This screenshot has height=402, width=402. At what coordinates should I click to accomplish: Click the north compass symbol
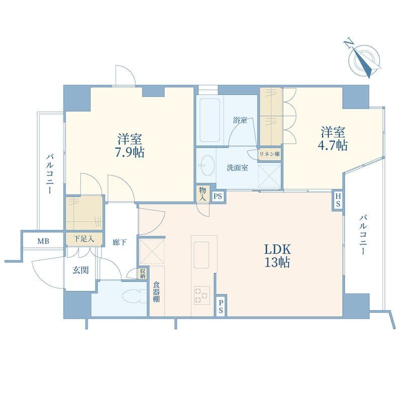pyautogui.click(x=363, y=58)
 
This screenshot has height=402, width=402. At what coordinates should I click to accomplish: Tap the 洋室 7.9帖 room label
pyautogui.click(x=130, y=146)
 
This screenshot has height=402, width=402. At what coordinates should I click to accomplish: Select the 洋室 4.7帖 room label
pyautogui.click(x=333, y=139)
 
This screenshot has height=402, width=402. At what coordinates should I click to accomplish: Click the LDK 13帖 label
pyautogui.click(x=277, y=256)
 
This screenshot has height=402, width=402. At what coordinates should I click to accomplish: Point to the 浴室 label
pyautogui.click(x=240, y=120)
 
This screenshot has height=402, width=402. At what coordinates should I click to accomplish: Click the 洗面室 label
pyautogui.click(x=237, y=168)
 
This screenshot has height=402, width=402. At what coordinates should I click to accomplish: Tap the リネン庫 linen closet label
pyautogui.click(x=270, y=154)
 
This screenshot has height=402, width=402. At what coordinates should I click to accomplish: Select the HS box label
pyautogui.click(x=338, y=200)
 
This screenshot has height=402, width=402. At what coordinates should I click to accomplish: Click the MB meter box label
pyautogui.click(x=43, y=241)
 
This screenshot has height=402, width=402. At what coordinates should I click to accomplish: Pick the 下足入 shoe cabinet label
pyautogui.click(x=84, y=239)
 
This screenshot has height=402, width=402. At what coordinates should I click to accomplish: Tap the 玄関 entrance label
pyautogui.click(x=80, y=270)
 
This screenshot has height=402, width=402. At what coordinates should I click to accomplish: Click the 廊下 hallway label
pyautogui.click(x=120, y=242)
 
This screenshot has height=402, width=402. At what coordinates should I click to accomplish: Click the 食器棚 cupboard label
pyautogui.click(x=156, y=292)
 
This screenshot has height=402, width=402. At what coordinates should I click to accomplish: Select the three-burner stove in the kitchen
pyautogui.click(x=202, y=295)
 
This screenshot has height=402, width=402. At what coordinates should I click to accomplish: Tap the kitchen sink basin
pyautogui.click(x=202, y=255)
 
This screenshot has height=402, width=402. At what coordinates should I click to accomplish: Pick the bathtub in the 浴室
pyautogui.click(x=210, y=121)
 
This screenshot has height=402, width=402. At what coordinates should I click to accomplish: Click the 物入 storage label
pyautogui.click(x=203, y=194)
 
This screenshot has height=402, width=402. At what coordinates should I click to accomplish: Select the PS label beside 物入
pyautogui.click(x=218, y=196)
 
